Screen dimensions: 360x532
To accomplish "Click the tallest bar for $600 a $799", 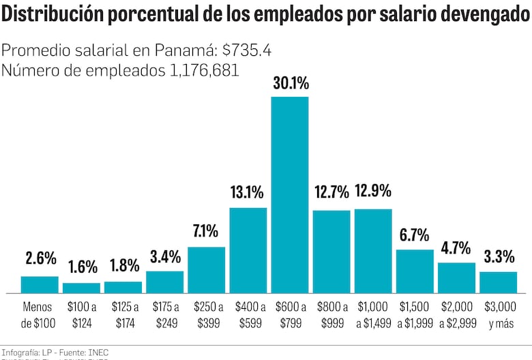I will pyautogui.click(x=290, y=195).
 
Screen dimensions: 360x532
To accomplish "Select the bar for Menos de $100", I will pyautogui.click(x=40, y=284).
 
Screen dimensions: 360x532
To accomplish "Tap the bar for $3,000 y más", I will pyautogui.click(x=498, y=282).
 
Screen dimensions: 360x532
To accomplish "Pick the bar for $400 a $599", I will pyautogui.click(x=248, y=250).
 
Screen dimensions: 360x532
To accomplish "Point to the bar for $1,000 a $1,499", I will pyautogui.click(x=373, y=251).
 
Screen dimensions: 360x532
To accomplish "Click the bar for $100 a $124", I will pyautogui.click(x=81, y=288).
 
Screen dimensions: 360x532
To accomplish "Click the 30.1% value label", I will pyautogui.click(x=291, y=84).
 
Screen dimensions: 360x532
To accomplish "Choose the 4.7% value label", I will pyautogui.click(x=456, y=247).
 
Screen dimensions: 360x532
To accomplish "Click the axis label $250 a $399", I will pyautogui.click(x=207, y=315).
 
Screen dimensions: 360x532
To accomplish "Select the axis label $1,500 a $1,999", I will pyautogui.click(x=414, y=315).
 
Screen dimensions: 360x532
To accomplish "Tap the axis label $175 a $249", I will pyautogui.click(x=164, y=315).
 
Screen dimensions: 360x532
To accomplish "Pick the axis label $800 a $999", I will pyautogui.click(x=331, y=315).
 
